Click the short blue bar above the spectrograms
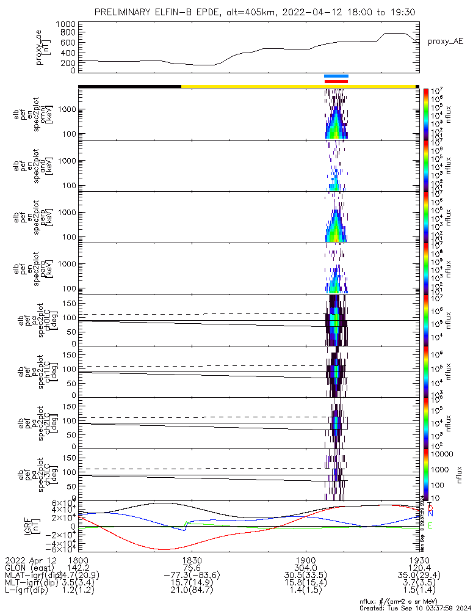click(x=336, y=76)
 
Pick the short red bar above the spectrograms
click(x=336, y=81)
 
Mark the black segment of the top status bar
click(x=129, y=86)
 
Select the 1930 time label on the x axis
click(x=418, y=559)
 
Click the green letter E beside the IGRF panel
click(x=430, y=526)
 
